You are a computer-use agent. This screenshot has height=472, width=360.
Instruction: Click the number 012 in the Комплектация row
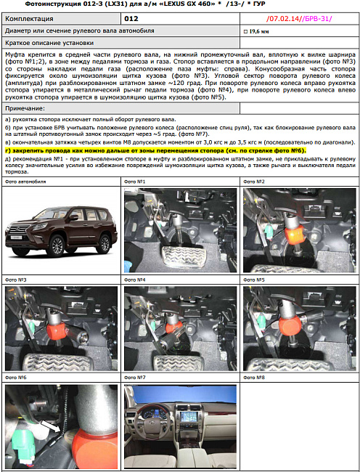(131, 18)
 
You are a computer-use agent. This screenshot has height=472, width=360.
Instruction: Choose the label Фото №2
(254, 181)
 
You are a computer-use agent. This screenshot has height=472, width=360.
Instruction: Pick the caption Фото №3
(16, 280)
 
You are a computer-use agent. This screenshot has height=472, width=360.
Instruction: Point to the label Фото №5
(254, 280)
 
